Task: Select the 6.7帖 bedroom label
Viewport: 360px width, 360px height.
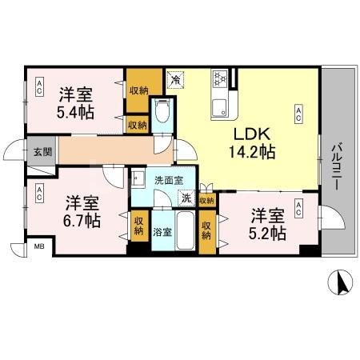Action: pos(81,209)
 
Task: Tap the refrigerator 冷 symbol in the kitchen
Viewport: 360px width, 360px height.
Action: pos(176,79)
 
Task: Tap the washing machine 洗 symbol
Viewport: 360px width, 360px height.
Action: pos(186,198)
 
